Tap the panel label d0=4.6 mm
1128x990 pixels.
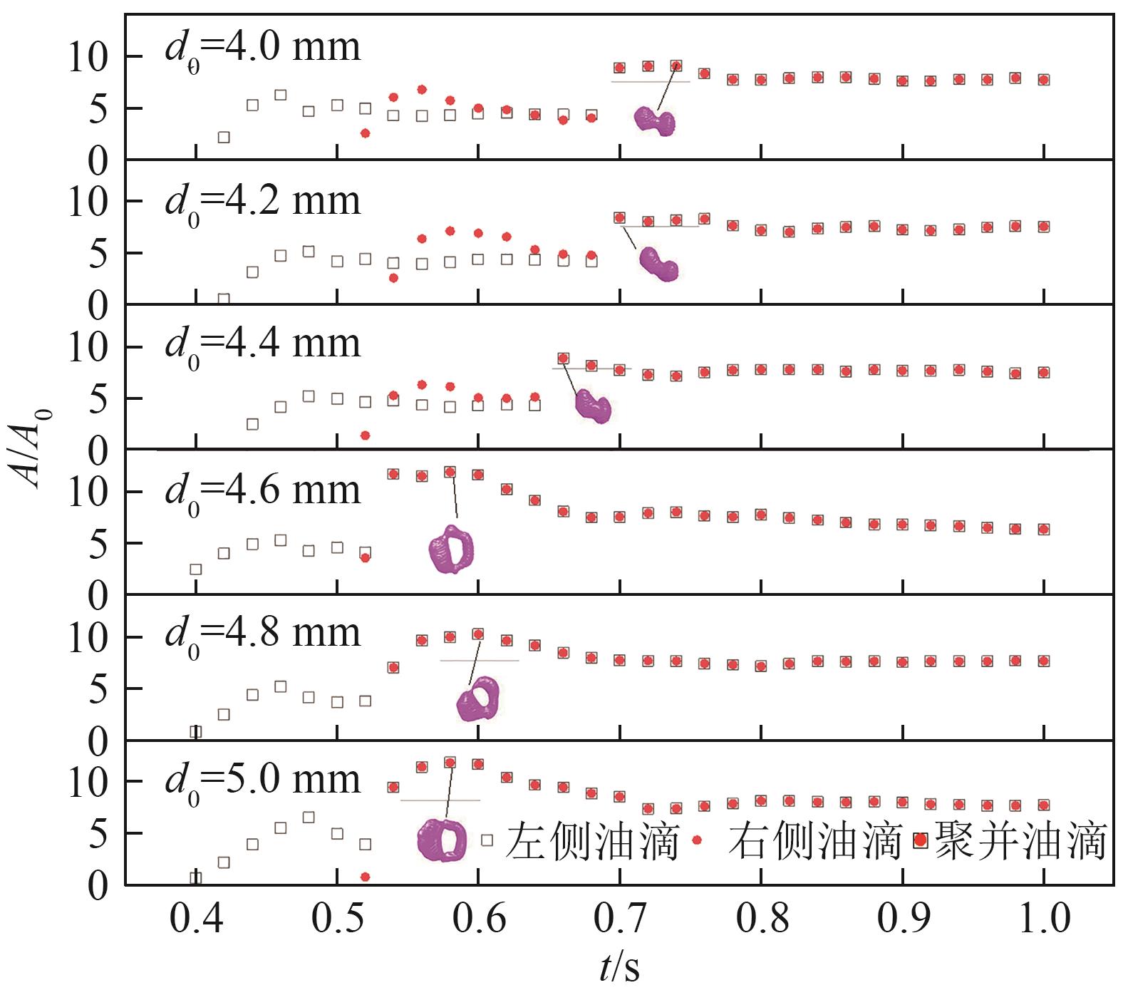[263, 491]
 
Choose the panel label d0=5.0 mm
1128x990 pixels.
[263, 780]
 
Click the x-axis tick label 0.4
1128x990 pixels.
[196, 919]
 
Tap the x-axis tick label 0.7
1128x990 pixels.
[620, 919]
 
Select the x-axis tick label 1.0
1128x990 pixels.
[1043, 919]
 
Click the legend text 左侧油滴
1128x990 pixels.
[592, 841]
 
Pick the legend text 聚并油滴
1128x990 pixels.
[1019, 841]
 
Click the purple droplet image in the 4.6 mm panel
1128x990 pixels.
[452, 550]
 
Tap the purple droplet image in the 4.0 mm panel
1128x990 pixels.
[655, 122]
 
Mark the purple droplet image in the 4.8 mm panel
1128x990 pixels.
[478, 699]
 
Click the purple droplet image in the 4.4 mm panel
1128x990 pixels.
[593, 407]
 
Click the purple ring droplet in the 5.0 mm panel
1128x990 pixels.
[442, 840]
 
